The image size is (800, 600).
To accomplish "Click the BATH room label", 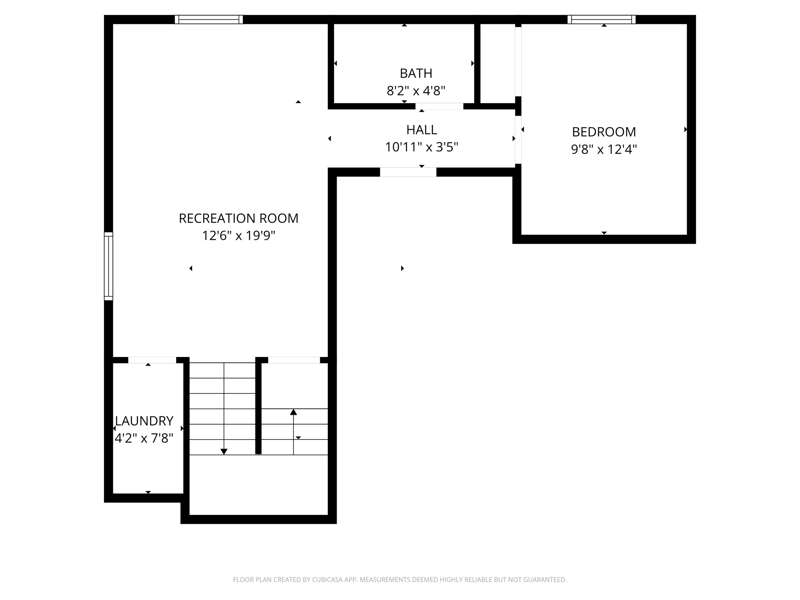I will click(x=416, y=73).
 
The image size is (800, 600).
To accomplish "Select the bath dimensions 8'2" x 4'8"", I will click(x=416, y=91).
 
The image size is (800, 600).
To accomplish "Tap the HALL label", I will click(x=421, y=130).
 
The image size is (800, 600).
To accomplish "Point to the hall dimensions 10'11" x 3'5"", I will click(x=421, y=147).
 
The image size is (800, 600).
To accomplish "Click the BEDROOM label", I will click(x=604, y=132).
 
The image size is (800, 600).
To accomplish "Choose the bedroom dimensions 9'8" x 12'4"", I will click(x=604, y=150).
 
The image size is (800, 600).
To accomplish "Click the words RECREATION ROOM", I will click(x=238, y=218).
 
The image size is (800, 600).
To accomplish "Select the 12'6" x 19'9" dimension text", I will click(x=238, y=236).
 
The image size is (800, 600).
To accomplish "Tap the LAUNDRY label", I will click(x=144, y=421).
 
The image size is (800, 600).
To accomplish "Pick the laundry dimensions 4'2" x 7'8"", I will click(x=144, y=439).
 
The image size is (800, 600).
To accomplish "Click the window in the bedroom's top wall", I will click(x=601, y=20).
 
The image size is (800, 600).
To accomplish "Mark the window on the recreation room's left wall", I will click(x=108, y=266).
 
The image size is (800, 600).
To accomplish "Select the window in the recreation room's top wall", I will click(x=209, y=20).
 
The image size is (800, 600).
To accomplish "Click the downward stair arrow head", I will click(x=224, y=452).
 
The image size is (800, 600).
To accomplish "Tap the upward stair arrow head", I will click(x=293, y=412).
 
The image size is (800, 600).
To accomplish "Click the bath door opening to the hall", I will click(x=439, y=106).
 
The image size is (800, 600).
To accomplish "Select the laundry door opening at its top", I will click(x=152, y=360).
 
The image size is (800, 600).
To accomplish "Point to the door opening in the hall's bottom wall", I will click(x=408, y=172).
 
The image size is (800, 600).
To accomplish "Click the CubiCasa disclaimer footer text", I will click(x=400, y=580).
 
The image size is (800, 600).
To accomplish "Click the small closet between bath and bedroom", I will click(x=497, y=62).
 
